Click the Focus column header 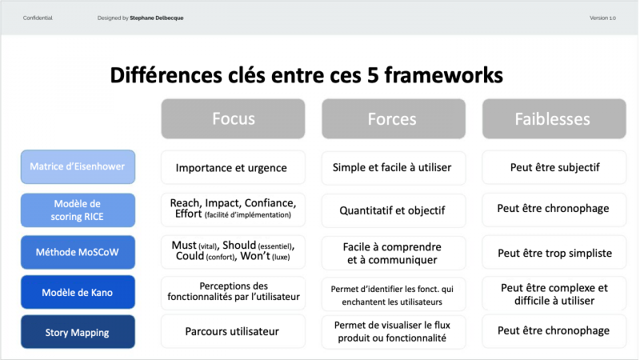(233, 118)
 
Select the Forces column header (394, 118)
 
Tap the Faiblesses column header (554, 118)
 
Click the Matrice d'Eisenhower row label (78, 166)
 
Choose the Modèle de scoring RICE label (78, 210)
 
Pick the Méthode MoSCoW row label (78, 252)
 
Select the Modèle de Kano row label (78, 292)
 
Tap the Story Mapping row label (78, 332)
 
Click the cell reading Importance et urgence (233, 167)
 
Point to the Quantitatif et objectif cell (394, 210)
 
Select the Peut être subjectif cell (554, 167)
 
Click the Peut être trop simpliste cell (554, 253)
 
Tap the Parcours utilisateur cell (233, 331)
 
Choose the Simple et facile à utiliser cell (394, 167)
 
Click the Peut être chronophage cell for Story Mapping (554, 331)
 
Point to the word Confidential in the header (38, 18)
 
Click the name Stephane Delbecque (156, 18)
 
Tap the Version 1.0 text (602, 18)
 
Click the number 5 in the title (374, 75)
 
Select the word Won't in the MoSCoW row (255, 256)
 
